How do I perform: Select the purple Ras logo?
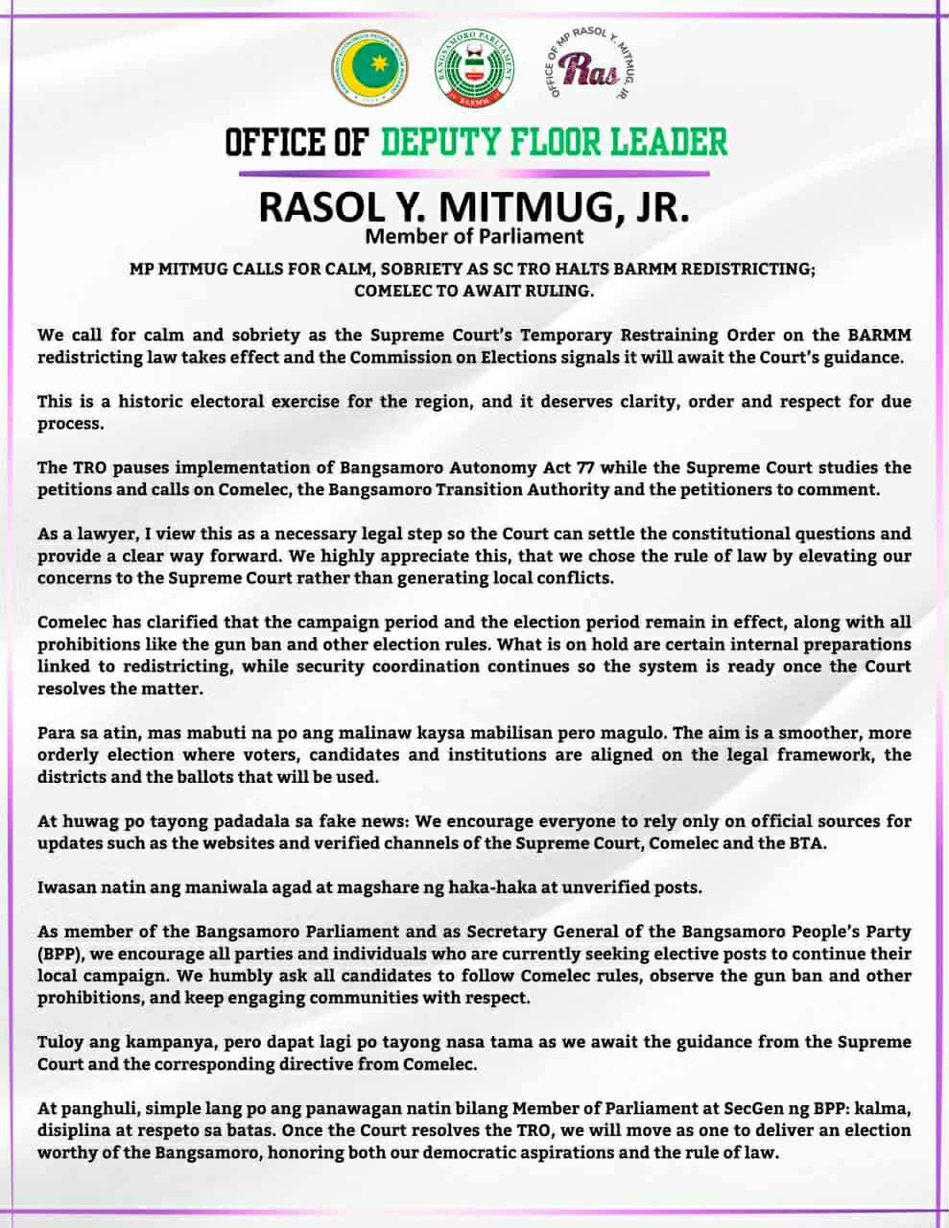(586, 68)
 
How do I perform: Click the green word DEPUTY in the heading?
(445, 142)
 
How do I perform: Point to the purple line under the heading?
(474, 173)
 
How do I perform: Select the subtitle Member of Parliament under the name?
(474, 235)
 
